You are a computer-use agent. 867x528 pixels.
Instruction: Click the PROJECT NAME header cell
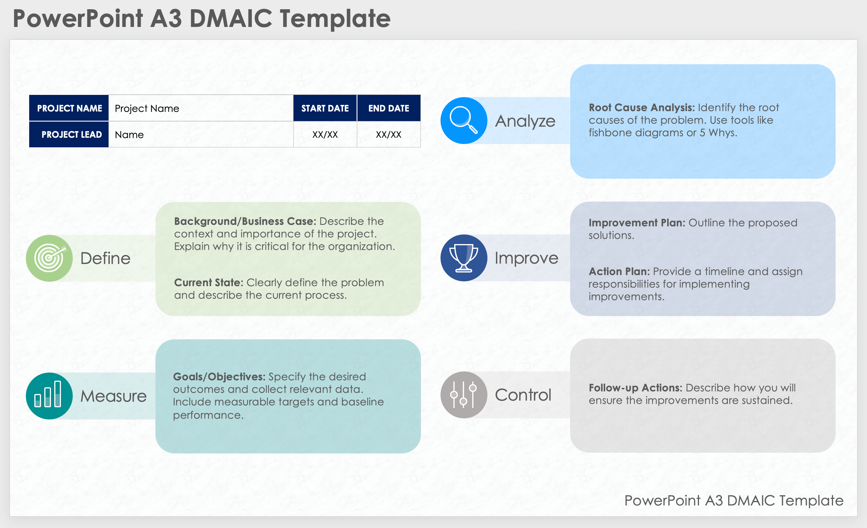click(x=69, y=108)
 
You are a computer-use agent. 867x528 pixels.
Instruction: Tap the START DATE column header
click(x=325, y=108)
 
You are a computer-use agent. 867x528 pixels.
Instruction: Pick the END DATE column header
click(x=388, y=108)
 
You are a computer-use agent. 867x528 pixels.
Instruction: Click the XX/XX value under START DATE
click(x=325, y=134)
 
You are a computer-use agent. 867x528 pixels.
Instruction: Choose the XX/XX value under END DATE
click(x=388, y=134)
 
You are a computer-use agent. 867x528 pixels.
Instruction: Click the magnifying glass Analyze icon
click(x=464, y=120)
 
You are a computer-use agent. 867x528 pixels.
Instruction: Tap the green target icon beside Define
click(x=49, y=258)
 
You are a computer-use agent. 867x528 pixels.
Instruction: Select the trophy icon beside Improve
click(x=464, y=258)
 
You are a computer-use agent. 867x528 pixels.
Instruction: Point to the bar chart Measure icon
click(x=49, y=395)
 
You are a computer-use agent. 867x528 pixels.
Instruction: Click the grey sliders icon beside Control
click(x=464, y=395)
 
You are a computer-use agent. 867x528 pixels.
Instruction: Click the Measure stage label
click(x=113, y=396)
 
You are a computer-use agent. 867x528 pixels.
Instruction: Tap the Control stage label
click(x=523, y=395)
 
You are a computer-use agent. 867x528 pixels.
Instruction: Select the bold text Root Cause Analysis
click(x=641, y=107)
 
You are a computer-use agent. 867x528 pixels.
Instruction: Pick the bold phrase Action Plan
click(x=619, y=271)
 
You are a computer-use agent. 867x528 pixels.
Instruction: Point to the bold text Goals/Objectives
click(x=219, y=377)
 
